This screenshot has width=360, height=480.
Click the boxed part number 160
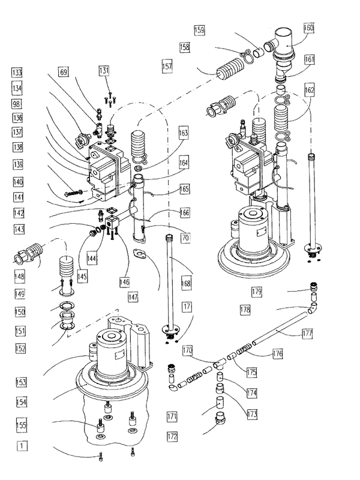tap(308, 28)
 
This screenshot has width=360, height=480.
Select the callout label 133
tap(17, 72)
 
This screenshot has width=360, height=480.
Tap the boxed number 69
tap(64, 71)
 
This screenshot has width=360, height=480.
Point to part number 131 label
tap(105, 71)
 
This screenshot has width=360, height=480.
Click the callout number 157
tap(167, 66)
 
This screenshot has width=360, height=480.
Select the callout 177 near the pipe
tap(308, 332)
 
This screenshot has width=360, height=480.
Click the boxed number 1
tap(22, 446)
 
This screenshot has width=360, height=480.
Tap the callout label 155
tap(21, 427)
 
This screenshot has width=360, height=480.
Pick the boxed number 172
tap(172, 436)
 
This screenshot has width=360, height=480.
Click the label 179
tap(257, 292)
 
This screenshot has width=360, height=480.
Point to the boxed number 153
tap(21, 382)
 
